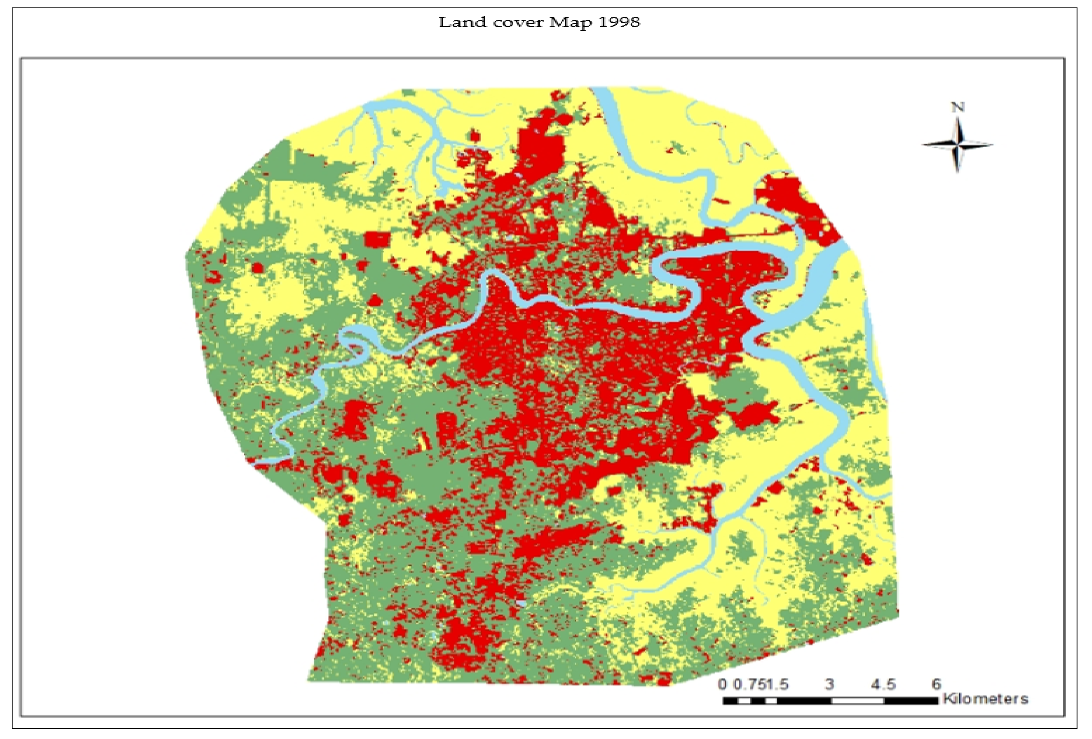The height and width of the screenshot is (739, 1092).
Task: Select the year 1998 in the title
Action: [x=619, y=22]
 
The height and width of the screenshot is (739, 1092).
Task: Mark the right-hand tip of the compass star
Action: [x=992, y=144]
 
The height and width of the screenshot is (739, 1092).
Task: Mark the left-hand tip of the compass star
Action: [x=922, y=144]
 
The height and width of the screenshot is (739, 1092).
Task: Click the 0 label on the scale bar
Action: [x=722, y=684]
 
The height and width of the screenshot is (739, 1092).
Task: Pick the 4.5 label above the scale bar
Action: [x=883, y=684]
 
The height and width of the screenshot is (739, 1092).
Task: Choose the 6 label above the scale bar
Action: [x=937, y=684]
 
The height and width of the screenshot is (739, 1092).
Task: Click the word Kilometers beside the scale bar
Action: [x=985, y=699]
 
